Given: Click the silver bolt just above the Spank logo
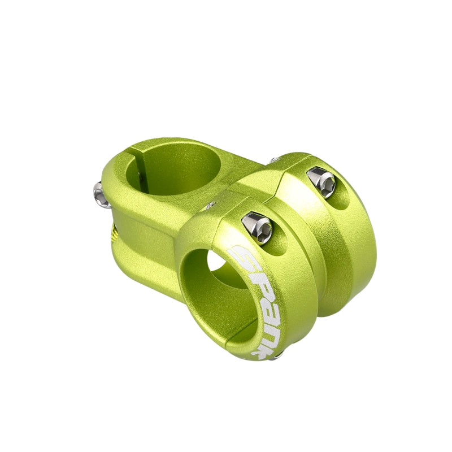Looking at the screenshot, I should point(258,228).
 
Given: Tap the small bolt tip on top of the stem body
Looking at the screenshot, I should point(211,205).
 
